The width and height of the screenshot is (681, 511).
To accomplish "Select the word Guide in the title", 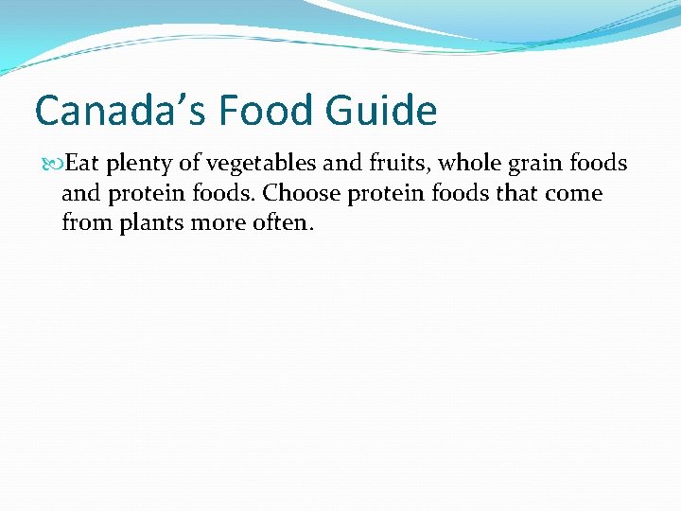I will coord(382,111).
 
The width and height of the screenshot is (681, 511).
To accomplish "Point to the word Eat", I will coord(82,164).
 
